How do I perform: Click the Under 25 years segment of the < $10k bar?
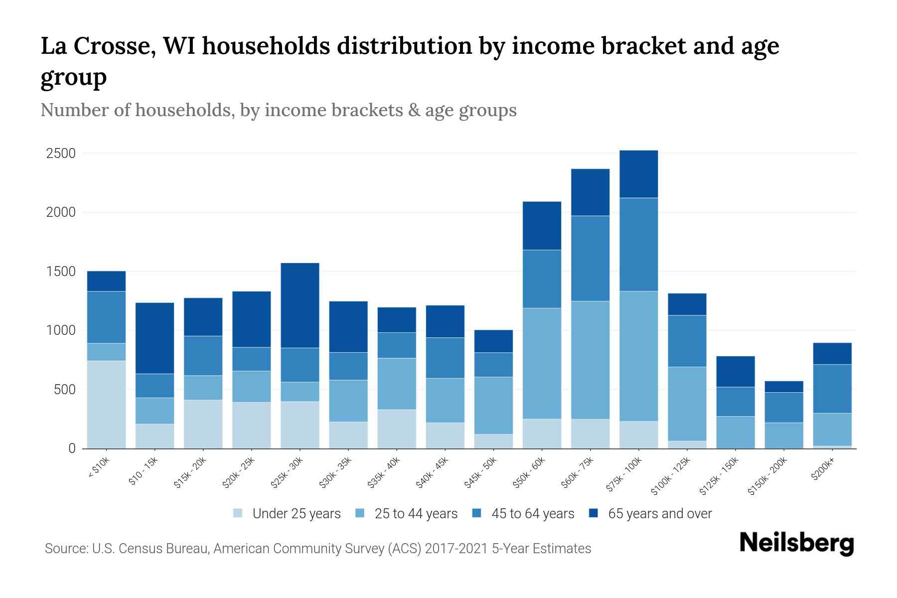106,404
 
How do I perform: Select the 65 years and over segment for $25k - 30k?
300,305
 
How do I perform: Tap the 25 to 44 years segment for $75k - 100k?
638,356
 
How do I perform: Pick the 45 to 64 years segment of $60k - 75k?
590,258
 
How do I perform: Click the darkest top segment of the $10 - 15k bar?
154,338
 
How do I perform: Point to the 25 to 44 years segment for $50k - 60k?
542,363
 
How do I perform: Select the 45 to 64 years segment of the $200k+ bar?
832,389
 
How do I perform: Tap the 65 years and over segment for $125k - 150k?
735,371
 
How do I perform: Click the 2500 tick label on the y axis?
61,153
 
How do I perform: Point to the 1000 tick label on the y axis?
61,330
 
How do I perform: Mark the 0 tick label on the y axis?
72,448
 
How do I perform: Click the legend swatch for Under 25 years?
238,513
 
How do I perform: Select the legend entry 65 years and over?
659,513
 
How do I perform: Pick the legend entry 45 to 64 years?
532,513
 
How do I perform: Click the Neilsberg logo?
796,543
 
